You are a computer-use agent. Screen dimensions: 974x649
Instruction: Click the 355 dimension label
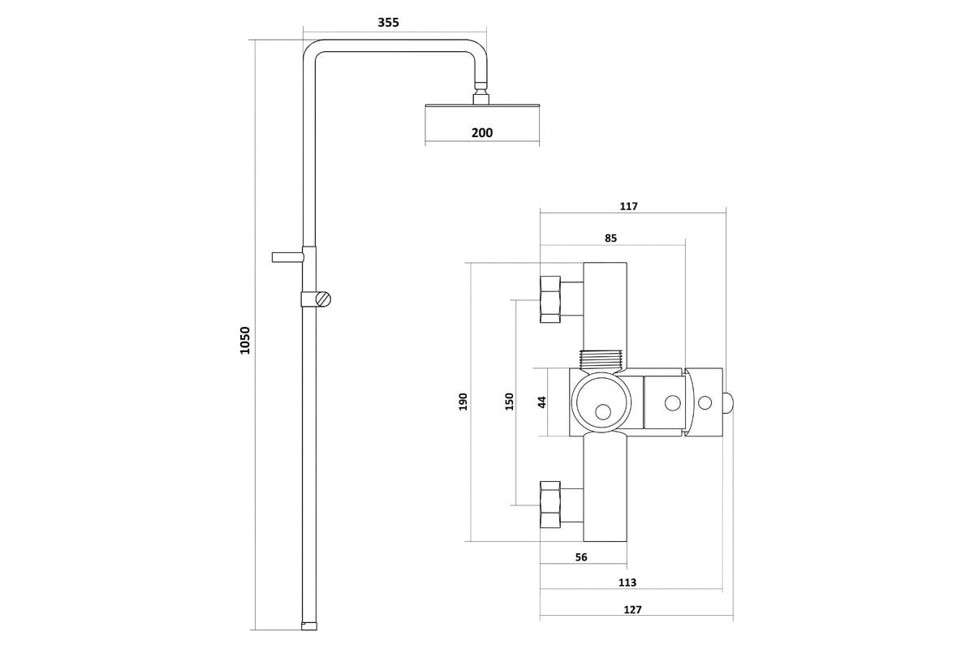388,22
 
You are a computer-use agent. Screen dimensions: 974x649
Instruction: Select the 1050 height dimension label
245,341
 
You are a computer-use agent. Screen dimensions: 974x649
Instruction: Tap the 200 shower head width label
482,132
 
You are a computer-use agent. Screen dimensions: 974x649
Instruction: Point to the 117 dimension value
629,206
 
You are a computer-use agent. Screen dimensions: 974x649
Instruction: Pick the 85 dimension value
611,239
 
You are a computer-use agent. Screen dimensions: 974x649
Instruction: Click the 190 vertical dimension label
463,402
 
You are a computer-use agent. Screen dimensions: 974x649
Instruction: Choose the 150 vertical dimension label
509,402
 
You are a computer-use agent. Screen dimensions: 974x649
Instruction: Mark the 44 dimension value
542,402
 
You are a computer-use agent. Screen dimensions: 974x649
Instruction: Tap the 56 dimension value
581,557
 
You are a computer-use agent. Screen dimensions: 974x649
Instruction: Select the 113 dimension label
627,582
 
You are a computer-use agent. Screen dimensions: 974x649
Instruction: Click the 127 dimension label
632,610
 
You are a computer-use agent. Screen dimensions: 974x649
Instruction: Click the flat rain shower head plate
482,105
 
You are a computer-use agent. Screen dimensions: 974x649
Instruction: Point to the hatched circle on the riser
323,299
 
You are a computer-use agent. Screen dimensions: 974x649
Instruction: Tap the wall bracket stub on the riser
288,257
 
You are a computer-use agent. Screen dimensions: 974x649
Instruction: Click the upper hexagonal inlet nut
550,299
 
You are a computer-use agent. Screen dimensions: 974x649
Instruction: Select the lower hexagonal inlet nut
550,505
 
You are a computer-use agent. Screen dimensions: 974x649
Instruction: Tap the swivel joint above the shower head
481,92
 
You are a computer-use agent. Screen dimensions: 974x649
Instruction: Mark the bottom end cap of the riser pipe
309,626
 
